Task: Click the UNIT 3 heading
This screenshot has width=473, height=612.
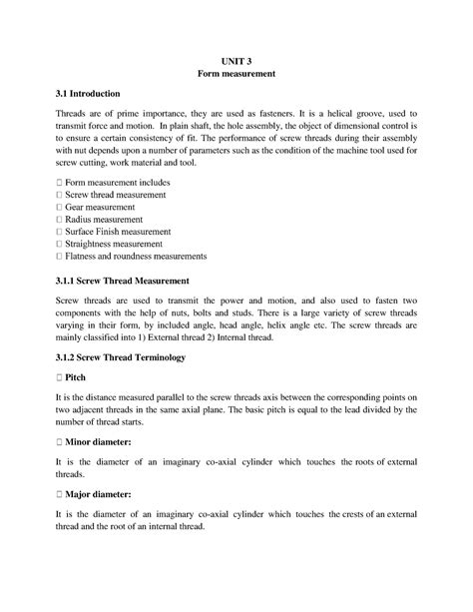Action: click(236, 59)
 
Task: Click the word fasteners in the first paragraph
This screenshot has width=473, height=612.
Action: click(274, 116)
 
